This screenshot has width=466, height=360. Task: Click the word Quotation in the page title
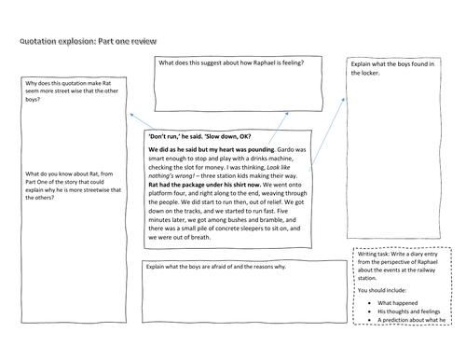pyautogui.click(x=35, y=41)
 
